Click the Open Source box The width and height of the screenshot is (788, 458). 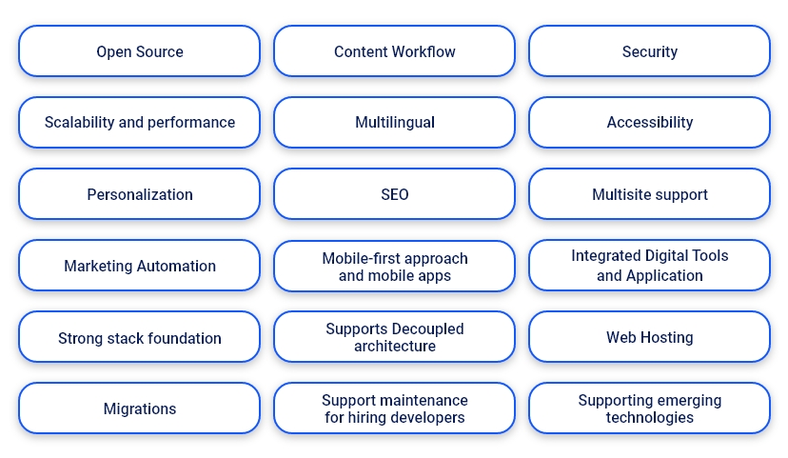pos(139,51)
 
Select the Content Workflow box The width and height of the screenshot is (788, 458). pos(394,51)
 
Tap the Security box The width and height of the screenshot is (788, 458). pos(649,51)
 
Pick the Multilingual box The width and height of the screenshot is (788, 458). pos(394,123)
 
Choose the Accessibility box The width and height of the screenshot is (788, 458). pos(649,123)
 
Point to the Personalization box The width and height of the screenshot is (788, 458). pos(139,194)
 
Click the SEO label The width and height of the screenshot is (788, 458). pos(394,194)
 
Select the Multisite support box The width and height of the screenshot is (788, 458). pos(649,194)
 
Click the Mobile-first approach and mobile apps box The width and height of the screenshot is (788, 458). pos(394,267)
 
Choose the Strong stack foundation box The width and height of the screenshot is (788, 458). pos(139,338)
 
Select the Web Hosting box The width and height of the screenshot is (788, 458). pos(649,337)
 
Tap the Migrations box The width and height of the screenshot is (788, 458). pos(139,409)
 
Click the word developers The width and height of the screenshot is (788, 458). pos(428,418)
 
